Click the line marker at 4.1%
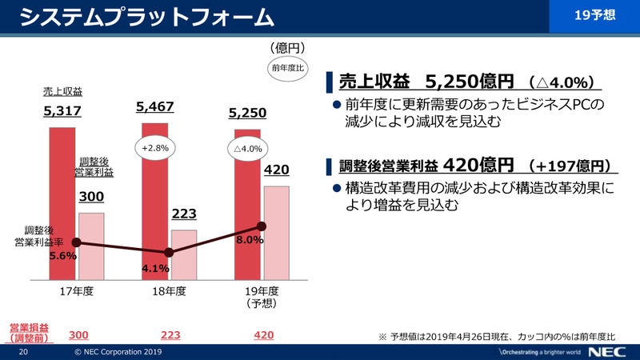click(x=169, y=253)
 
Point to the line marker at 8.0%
click(x=261, y=226)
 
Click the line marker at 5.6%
click(x=77, y=242)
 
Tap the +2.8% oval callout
click(x=155, y=149)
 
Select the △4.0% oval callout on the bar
click(x=248, y=150)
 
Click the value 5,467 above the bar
click(x=155, y=106)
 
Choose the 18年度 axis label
click(x=170, y=292)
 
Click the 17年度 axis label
click(x=78, y=292)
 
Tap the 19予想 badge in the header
click(x=595, y=15)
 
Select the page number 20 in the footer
click(x=24, y=352)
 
